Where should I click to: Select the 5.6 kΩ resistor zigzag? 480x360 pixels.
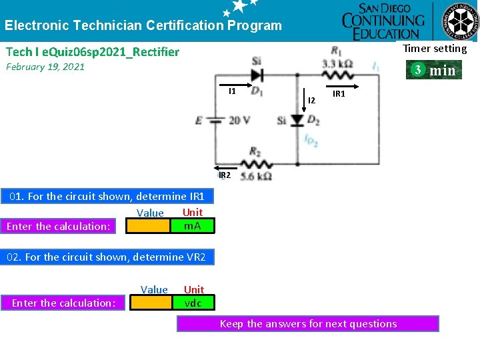pyautogui.click(x=256, y=163)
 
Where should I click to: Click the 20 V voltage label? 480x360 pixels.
pyautogui.click(x=239, y=121)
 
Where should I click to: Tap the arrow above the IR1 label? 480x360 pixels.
pyautogui.click(x=337, y=85)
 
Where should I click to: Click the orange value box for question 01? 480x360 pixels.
pyautogui.click(x=149, y=226)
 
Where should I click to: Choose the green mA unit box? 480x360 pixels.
pyautogui.click(x=193, y=226)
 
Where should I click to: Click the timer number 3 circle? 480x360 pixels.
pyautogui.click(x=417, y=70)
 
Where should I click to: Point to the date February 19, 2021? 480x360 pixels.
pyautogui.click(x=45, y=67)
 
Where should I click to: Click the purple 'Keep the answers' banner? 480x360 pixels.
pyautogui.click(x=308, y=324)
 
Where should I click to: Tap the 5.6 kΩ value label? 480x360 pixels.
pyautogui.click(x=256, y=177)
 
